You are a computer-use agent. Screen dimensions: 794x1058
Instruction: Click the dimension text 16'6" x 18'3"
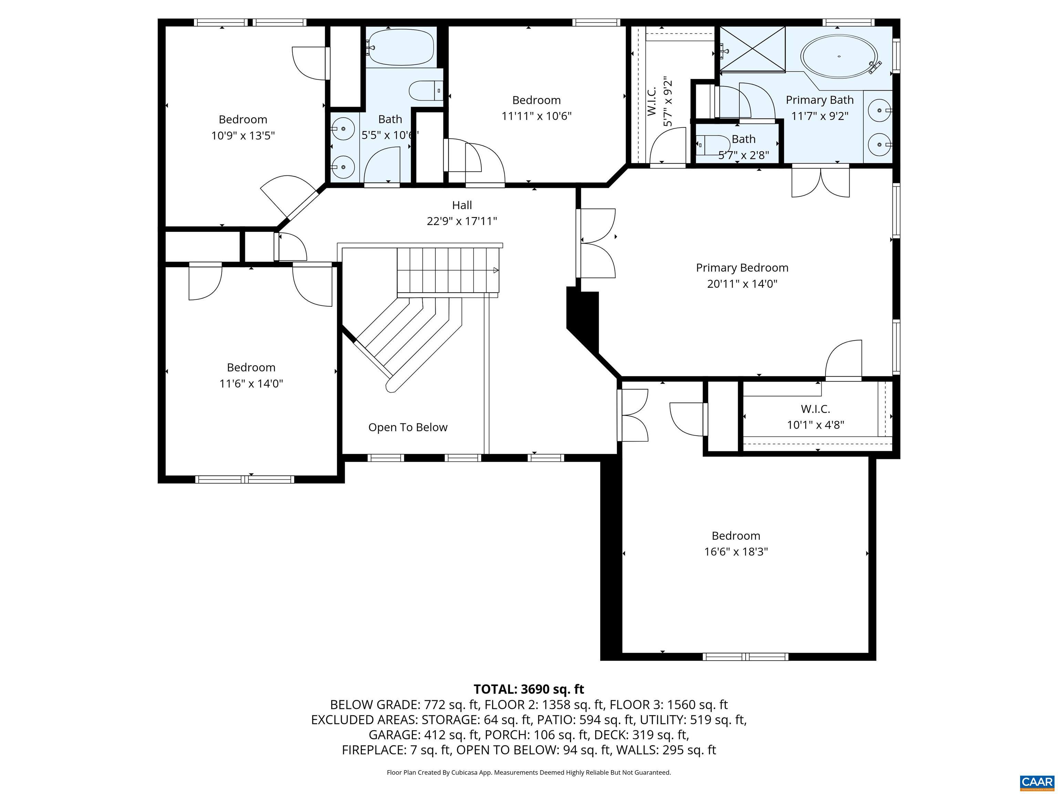coord(736,551)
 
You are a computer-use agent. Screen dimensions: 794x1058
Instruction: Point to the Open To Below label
coord(407,427)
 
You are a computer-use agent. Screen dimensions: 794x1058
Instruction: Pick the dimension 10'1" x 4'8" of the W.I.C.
coord(816,425)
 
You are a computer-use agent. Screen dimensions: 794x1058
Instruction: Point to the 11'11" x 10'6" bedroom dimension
coord(536,116)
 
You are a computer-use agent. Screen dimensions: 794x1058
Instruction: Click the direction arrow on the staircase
coord(496,271)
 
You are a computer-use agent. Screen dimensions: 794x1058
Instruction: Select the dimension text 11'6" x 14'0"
coord(251,383)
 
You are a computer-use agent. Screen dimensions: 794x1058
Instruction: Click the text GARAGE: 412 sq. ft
coord(423,735)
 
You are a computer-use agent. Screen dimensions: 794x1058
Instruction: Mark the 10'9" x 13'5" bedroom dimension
coord(243,135)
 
